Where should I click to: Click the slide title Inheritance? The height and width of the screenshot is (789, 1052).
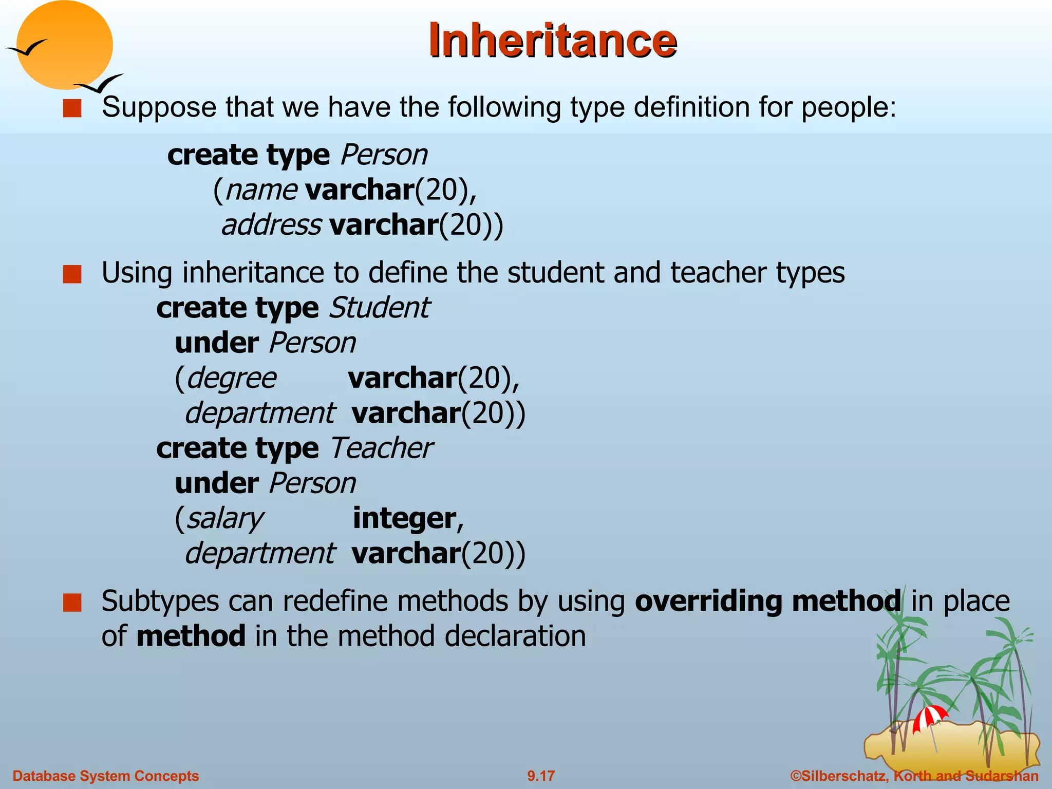tap(552, 41)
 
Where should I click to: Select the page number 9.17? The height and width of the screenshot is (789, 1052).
tap(541, 776)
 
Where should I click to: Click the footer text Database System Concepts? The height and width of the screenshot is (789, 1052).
tap(105, 776)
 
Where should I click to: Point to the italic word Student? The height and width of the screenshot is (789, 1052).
tap(379, 308)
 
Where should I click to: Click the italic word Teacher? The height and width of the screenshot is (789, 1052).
tap(381, 448)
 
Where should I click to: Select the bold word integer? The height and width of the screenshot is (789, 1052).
tap(404, 518)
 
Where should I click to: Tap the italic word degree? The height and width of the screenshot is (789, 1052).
tap(231, 379)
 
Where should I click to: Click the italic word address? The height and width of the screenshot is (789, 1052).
tap(271, 225)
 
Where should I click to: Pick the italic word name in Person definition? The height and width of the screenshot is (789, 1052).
tap(261, 190)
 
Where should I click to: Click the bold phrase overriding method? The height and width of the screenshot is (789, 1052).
tap(767, 601)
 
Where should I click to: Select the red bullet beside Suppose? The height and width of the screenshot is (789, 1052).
tap(72, 108)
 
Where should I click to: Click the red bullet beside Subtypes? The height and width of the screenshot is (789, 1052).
tap(72, 603)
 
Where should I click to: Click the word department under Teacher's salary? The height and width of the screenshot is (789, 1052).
tap(259, 554)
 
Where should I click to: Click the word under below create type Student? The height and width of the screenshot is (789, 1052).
tap(216, 343)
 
